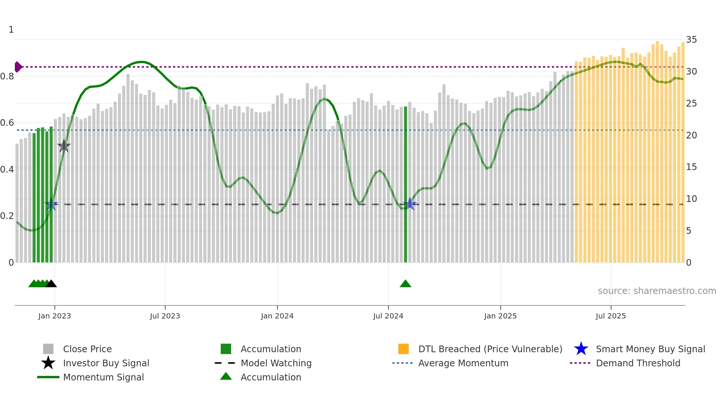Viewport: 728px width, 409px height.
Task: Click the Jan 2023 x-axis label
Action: [54, 316]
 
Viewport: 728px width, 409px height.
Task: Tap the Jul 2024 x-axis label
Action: [388, 316]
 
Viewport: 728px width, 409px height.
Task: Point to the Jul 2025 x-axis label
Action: [611, 316]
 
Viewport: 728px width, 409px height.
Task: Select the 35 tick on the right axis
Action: [691, 40]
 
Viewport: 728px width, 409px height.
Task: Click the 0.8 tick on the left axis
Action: [7, 76]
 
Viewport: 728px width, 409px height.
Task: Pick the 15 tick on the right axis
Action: [691, 167]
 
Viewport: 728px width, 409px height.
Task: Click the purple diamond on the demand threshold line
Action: [18, 67]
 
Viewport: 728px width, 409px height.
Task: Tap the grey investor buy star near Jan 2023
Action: [64, 146]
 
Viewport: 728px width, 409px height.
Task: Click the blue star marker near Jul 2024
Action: [410, 204]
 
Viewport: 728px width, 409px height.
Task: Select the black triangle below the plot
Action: [51, 284]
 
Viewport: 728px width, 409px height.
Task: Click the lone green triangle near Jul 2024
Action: [405, 284]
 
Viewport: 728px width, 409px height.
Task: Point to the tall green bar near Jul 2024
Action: [405, 186]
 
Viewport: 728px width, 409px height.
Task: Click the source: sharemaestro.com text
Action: [657, 291]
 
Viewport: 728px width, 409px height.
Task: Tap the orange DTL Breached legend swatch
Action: [403, 349]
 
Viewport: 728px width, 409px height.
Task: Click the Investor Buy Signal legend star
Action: [48, 363]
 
